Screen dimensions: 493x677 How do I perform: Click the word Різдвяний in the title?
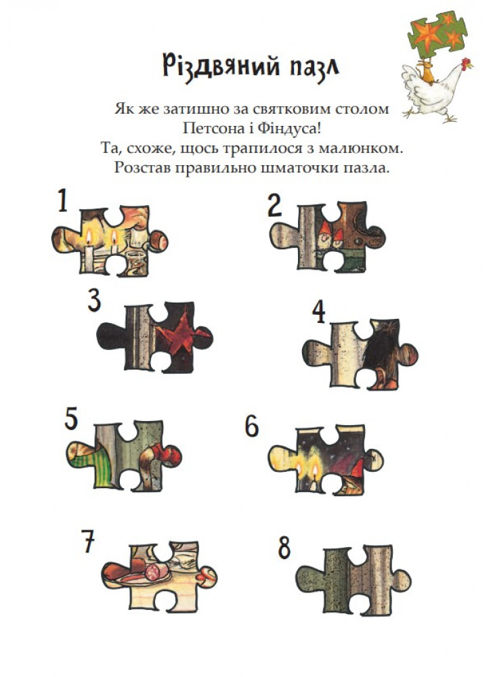219,66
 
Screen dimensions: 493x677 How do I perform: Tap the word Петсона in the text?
210,128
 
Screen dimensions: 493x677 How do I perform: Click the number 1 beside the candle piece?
62,200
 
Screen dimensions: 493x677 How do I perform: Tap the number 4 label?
319,312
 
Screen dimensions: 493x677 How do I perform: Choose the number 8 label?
284,548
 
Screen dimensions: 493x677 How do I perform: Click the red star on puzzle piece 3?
178,333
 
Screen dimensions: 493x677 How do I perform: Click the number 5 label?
71,419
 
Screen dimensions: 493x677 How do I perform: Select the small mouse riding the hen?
428,72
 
